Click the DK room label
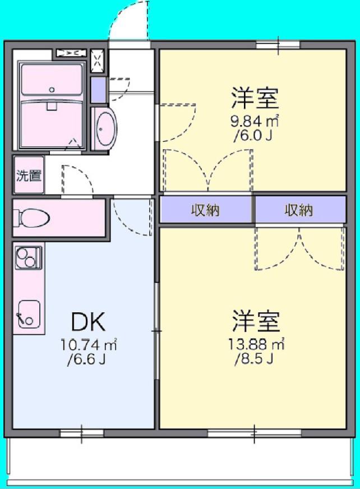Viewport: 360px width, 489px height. tap(88, 321)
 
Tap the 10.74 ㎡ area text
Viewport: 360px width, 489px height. tap(89, 345)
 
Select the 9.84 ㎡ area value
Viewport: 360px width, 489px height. tap(254, 121)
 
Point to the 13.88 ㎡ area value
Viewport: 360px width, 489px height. tap(256, 344)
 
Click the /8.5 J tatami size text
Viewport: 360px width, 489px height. tap(254, 359)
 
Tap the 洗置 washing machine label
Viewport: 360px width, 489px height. tap(29, 176)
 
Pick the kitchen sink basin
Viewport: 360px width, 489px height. tap(29, 313)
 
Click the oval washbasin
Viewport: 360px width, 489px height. tap(105, 128)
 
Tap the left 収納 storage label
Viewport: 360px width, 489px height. tap(205, 210)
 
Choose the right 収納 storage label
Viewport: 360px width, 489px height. tap(298, 210)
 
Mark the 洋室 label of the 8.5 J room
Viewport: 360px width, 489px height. tap(256, 321)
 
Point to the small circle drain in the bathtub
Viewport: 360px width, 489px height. tap(52, 90)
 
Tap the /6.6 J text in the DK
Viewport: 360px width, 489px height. tap(87, 359)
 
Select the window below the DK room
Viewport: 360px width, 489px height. tap(82, 433)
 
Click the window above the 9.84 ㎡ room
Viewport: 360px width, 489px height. tap(278, 45)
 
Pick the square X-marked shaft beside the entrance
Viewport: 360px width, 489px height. tap(98, 61)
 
